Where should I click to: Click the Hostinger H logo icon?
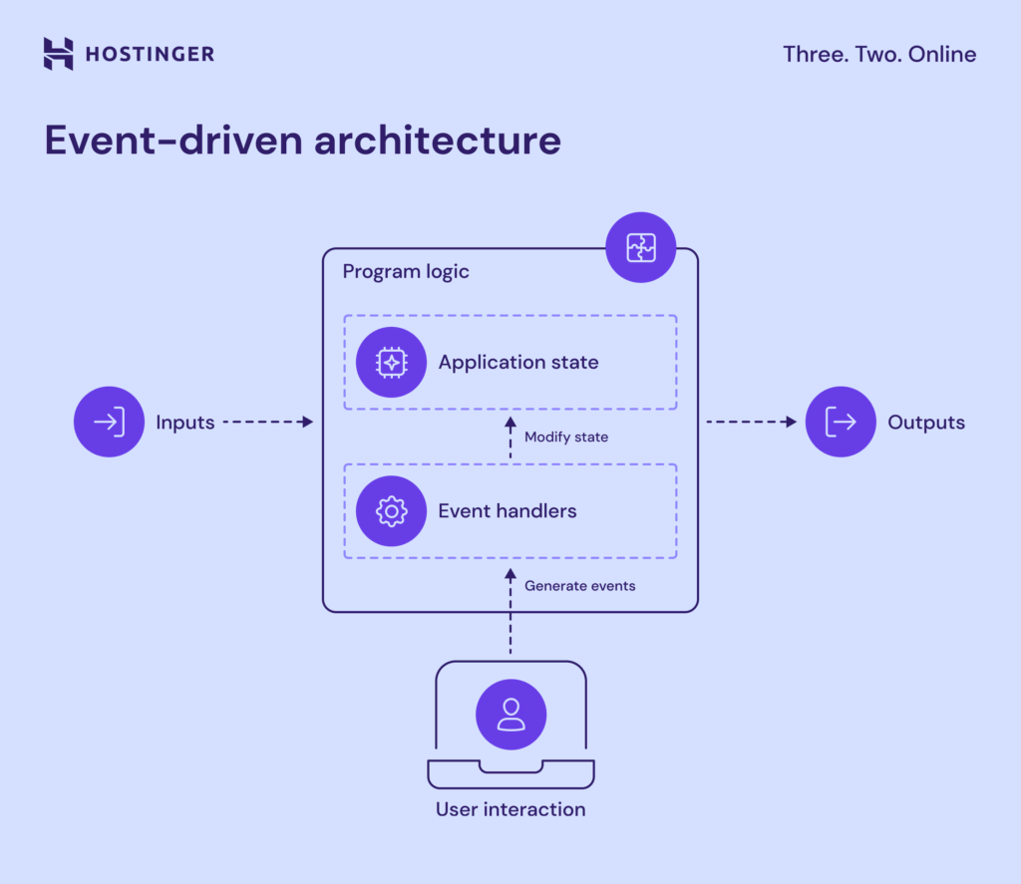click(59, 54)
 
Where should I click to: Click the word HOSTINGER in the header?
click(149, 54)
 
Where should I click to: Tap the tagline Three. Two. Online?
click(879, 54)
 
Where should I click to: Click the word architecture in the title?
click(438, 141)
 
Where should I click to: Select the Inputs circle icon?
click(109, 422)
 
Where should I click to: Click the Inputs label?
click(184, 423)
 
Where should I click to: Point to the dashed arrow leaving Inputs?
click(266, 422)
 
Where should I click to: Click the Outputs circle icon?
click(841, 422)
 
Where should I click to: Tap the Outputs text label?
click(926, 423)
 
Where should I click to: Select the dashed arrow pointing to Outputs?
click(751, 422)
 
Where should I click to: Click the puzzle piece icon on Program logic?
click(641, 247)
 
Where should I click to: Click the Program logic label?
click(406, 272)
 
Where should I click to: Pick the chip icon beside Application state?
click(391, 362)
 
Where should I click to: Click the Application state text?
click(518, 362)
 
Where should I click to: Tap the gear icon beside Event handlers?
click(391, 511)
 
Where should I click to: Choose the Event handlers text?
click(508, 511)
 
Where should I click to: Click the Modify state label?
click(565, 437)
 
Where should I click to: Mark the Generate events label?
click(579, 586)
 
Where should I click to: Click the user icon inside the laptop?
click(510, 715)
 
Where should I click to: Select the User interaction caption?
click(510, 809)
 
